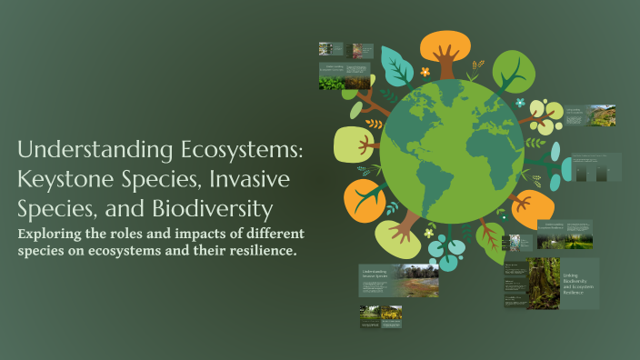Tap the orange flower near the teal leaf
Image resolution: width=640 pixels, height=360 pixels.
click(x=425, y=71)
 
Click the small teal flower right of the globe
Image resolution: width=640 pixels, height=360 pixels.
click(x=519, y=103)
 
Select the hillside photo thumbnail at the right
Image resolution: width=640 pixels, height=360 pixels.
click(x=603, y=115)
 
